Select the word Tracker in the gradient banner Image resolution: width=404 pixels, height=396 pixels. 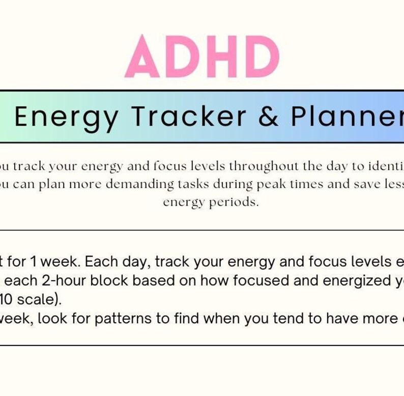(189, 117)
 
